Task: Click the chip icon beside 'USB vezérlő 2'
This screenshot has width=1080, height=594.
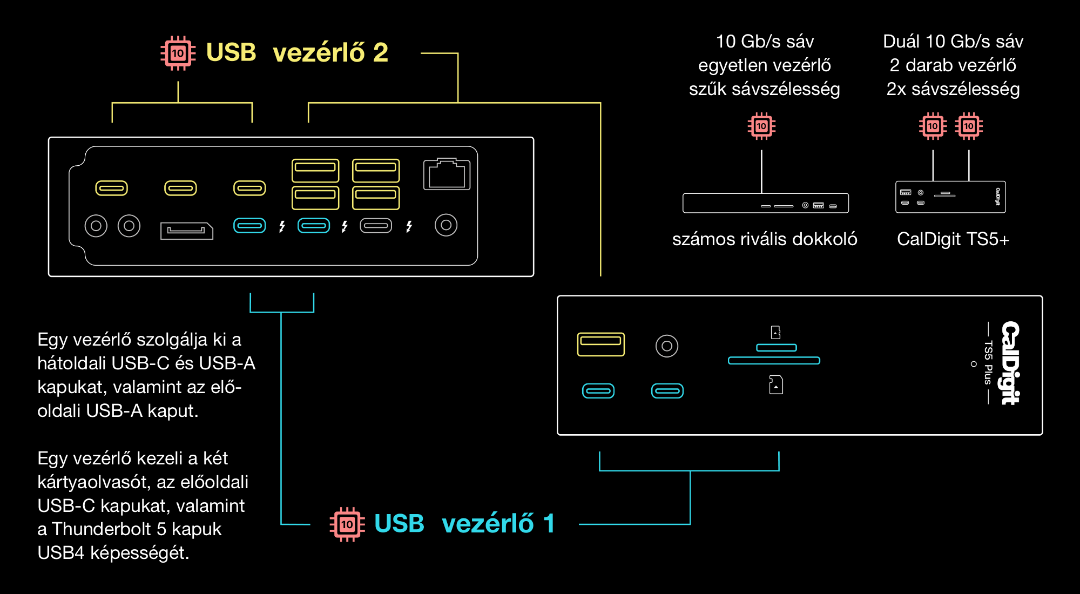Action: [178, 53]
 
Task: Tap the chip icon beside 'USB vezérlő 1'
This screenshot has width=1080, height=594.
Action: [347, 524]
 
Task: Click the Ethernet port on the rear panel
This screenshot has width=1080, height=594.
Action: [447, 174]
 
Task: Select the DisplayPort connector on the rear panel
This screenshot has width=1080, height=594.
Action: [186, 231]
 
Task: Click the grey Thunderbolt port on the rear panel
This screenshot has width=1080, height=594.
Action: [376, 225]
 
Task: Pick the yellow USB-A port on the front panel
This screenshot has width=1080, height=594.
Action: [600, 344]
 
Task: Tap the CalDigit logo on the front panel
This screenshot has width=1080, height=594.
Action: [1010, 362]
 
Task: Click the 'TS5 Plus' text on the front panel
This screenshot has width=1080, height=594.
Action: [988, 362]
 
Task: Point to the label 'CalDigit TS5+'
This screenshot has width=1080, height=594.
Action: [953, 239]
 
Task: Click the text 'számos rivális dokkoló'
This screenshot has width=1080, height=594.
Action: [764, 239]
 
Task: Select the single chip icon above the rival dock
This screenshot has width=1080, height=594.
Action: [761, 126]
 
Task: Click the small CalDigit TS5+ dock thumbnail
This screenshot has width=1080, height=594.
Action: [950, 197]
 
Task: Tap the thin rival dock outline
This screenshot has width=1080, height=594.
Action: [765, 203]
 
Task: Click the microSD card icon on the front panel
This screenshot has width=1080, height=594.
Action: [776, 332]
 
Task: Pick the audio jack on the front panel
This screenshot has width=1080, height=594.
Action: [667, 346]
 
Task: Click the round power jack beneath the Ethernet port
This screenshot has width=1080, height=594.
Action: [446, 225]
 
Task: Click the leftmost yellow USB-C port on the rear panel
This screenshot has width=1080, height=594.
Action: [111, 188]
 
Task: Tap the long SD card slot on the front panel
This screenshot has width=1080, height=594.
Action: [774, 360]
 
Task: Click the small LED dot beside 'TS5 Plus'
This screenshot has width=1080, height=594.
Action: [974, 364]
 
